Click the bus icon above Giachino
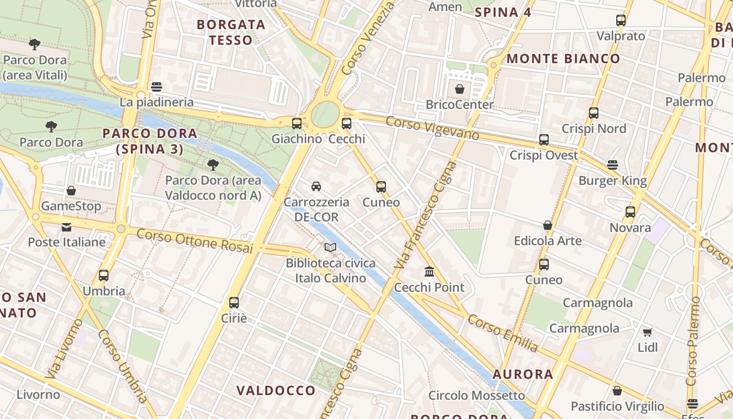click(296, 124)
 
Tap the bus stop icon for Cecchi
click(346, 124)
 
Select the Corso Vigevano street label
click(432, 128)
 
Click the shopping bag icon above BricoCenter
click(459, 89)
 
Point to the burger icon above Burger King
click(613, 165)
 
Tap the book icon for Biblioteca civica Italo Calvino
click(330, 247)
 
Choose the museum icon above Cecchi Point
click(429, 271)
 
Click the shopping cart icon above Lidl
click(648, 332)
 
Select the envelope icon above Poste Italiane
click(66, 227)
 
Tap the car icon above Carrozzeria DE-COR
click(316, 186)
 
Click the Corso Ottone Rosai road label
click(194, 241)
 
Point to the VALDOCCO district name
click(276, 390)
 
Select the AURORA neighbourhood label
click(523, 374)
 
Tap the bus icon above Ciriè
click(234, 303)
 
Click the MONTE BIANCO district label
click(563, 59)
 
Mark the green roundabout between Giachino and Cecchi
click(325, 114)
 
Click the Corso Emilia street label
click(503, 333)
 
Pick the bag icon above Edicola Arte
click(547, 225)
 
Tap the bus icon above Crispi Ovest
click(544, 140)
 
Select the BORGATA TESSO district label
click(231, 32)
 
